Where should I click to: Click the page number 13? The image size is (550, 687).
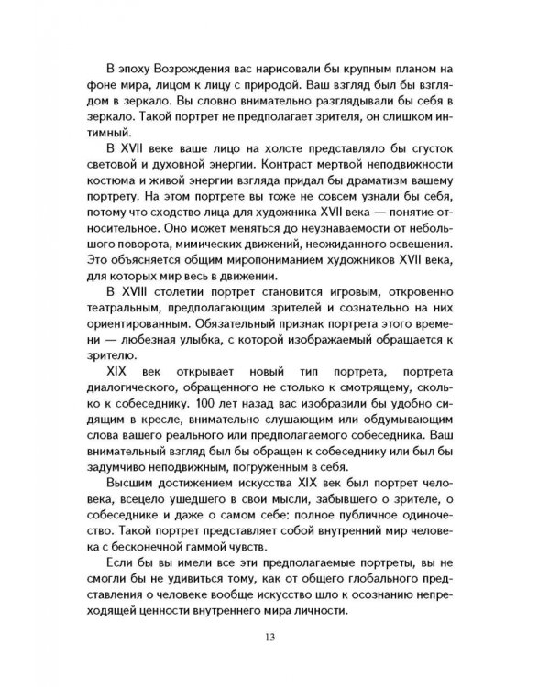coord(275,638)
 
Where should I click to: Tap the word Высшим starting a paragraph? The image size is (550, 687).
coord(129,479)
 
